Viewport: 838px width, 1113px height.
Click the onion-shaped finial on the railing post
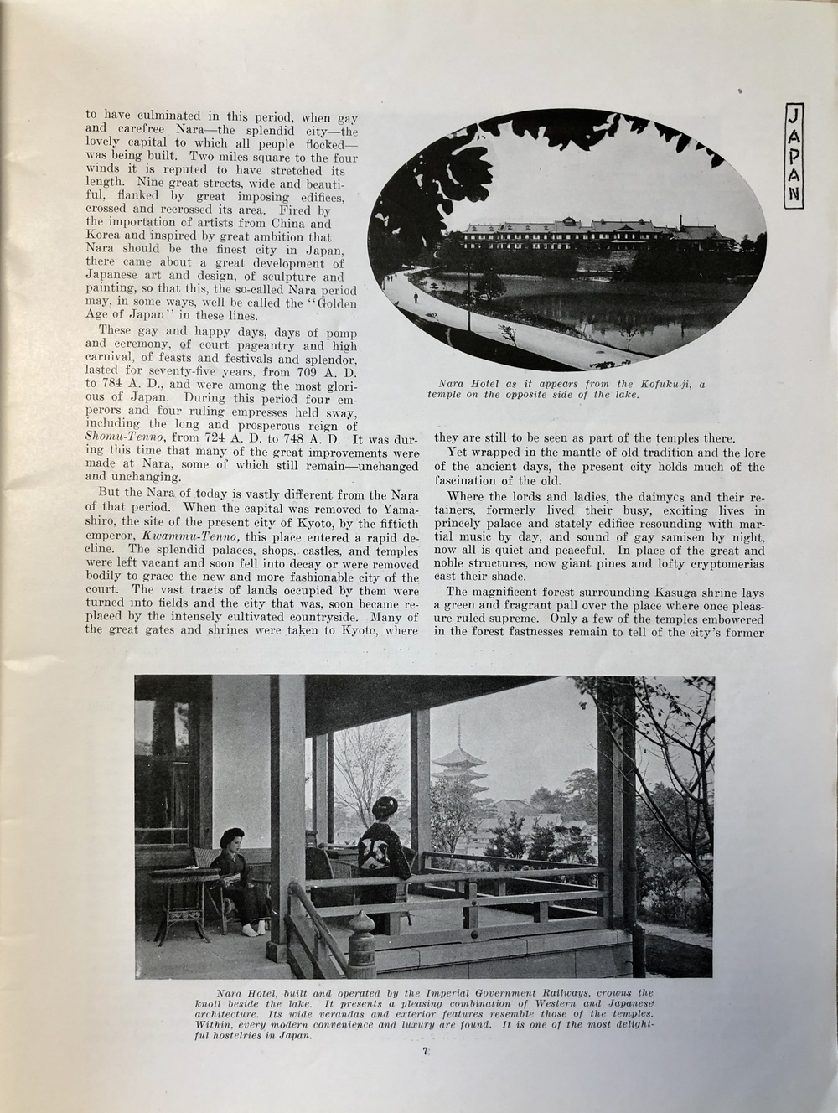(361, 927)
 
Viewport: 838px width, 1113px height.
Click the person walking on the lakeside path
(416, 298)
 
